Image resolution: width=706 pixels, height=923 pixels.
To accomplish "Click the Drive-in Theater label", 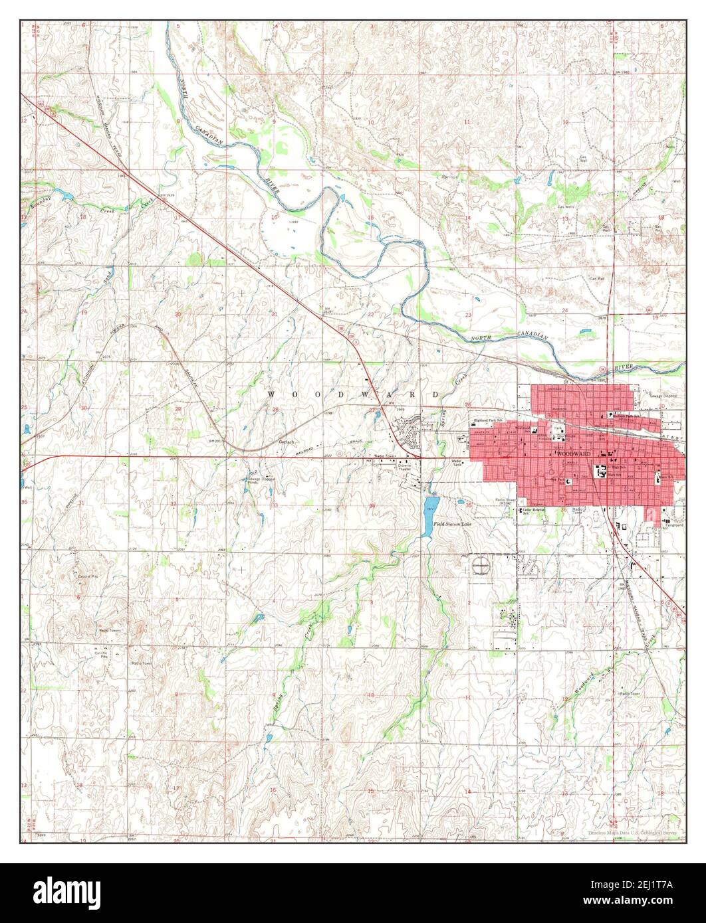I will pos(406,466).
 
